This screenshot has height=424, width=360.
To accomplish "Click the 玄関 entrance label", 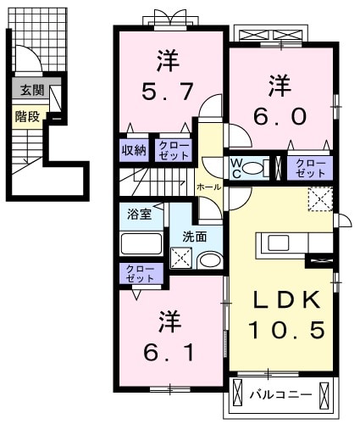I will [x=32, y=90].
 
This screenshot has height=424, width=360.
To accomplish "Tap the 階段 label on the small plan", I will [x=27, y=116].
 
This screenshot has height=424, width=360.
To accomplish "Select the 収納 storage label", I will [x=133, y=149].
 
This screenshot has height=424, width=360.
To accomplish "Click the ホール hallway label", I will [x=208, y=186].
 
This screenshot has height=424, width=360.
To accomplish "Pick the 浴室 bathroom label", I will [x=139, y=215].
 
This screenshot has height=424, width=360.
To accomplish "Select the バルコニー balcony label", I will [x=280, y=394].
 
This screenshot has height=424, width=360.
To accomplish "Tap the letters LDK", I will [x=286, y=300].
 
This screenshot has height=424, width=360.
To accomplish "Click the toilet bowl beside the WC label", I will [x=269, y=166].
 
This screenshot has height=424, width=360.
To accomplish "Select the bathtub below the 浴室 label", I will [x=141, y=244].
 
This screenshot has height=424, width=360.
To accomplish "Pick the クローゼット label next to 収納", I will [x=172, y=149].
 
